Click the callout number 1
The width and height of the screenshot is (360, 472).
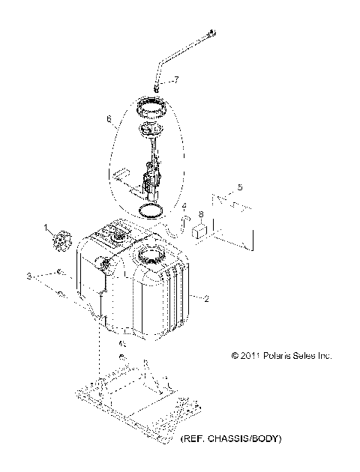point(46,227)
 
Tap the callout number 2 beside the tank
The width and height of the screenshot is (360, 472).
point(207,298)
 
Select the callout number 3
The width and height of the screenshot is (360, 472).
point(31,277)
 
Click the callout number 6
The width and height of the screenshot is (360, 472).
point(109,118)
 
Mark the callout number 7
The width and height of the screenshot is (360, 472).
point(176,79)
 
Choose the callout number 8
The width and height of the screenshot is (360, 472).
point(200,214)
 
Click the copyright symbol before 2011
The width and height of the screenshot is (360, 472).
point(235,356)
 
